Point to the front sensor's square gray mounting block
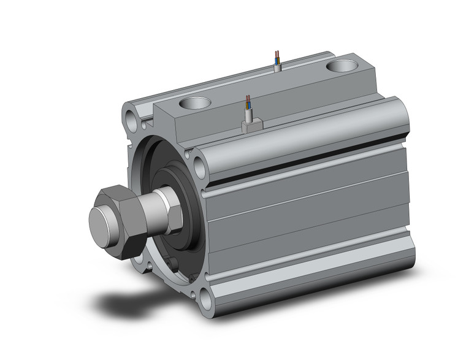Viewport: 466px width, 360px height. point(251,126)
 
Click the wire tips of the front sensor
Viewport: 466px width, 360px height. point(247,99)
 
